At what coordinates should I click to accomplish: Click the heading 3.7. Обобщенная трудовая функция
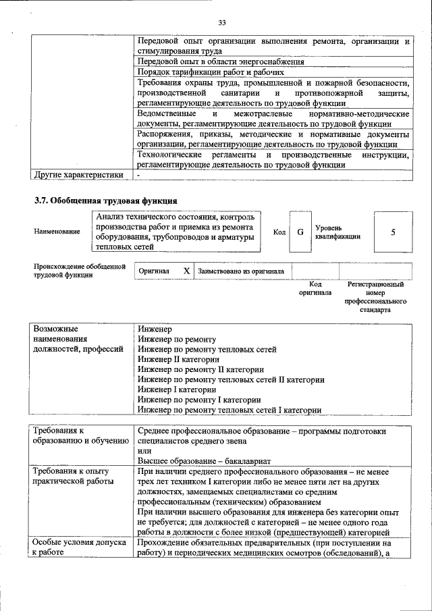pyautogui.click(x=106, y=201)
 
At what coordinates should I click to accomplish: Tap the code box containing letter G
pyautogui.click(x=300, y=232)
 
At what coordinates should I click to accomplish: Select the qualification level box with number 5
pyautogui.click(x=393, y=232)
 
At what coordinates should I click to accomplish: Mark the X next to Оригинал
pyautogui.click(x=186, y=271)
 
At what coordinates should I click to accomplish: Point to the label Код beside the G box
pyautogui.click(x=279, y=232)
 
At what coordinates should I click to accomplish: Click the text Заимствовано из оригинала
pyautogui.click(x=241, y=271)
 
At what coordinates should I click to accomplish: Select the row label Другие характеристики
pyautogui.click(x=78, y=175)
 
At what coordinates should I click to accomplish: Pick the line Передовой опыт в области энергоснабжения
pyautogui.click(x=220, y=61)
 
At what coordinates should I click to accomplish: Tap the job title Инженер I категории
pyautogui.click(x=176, y=390)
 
